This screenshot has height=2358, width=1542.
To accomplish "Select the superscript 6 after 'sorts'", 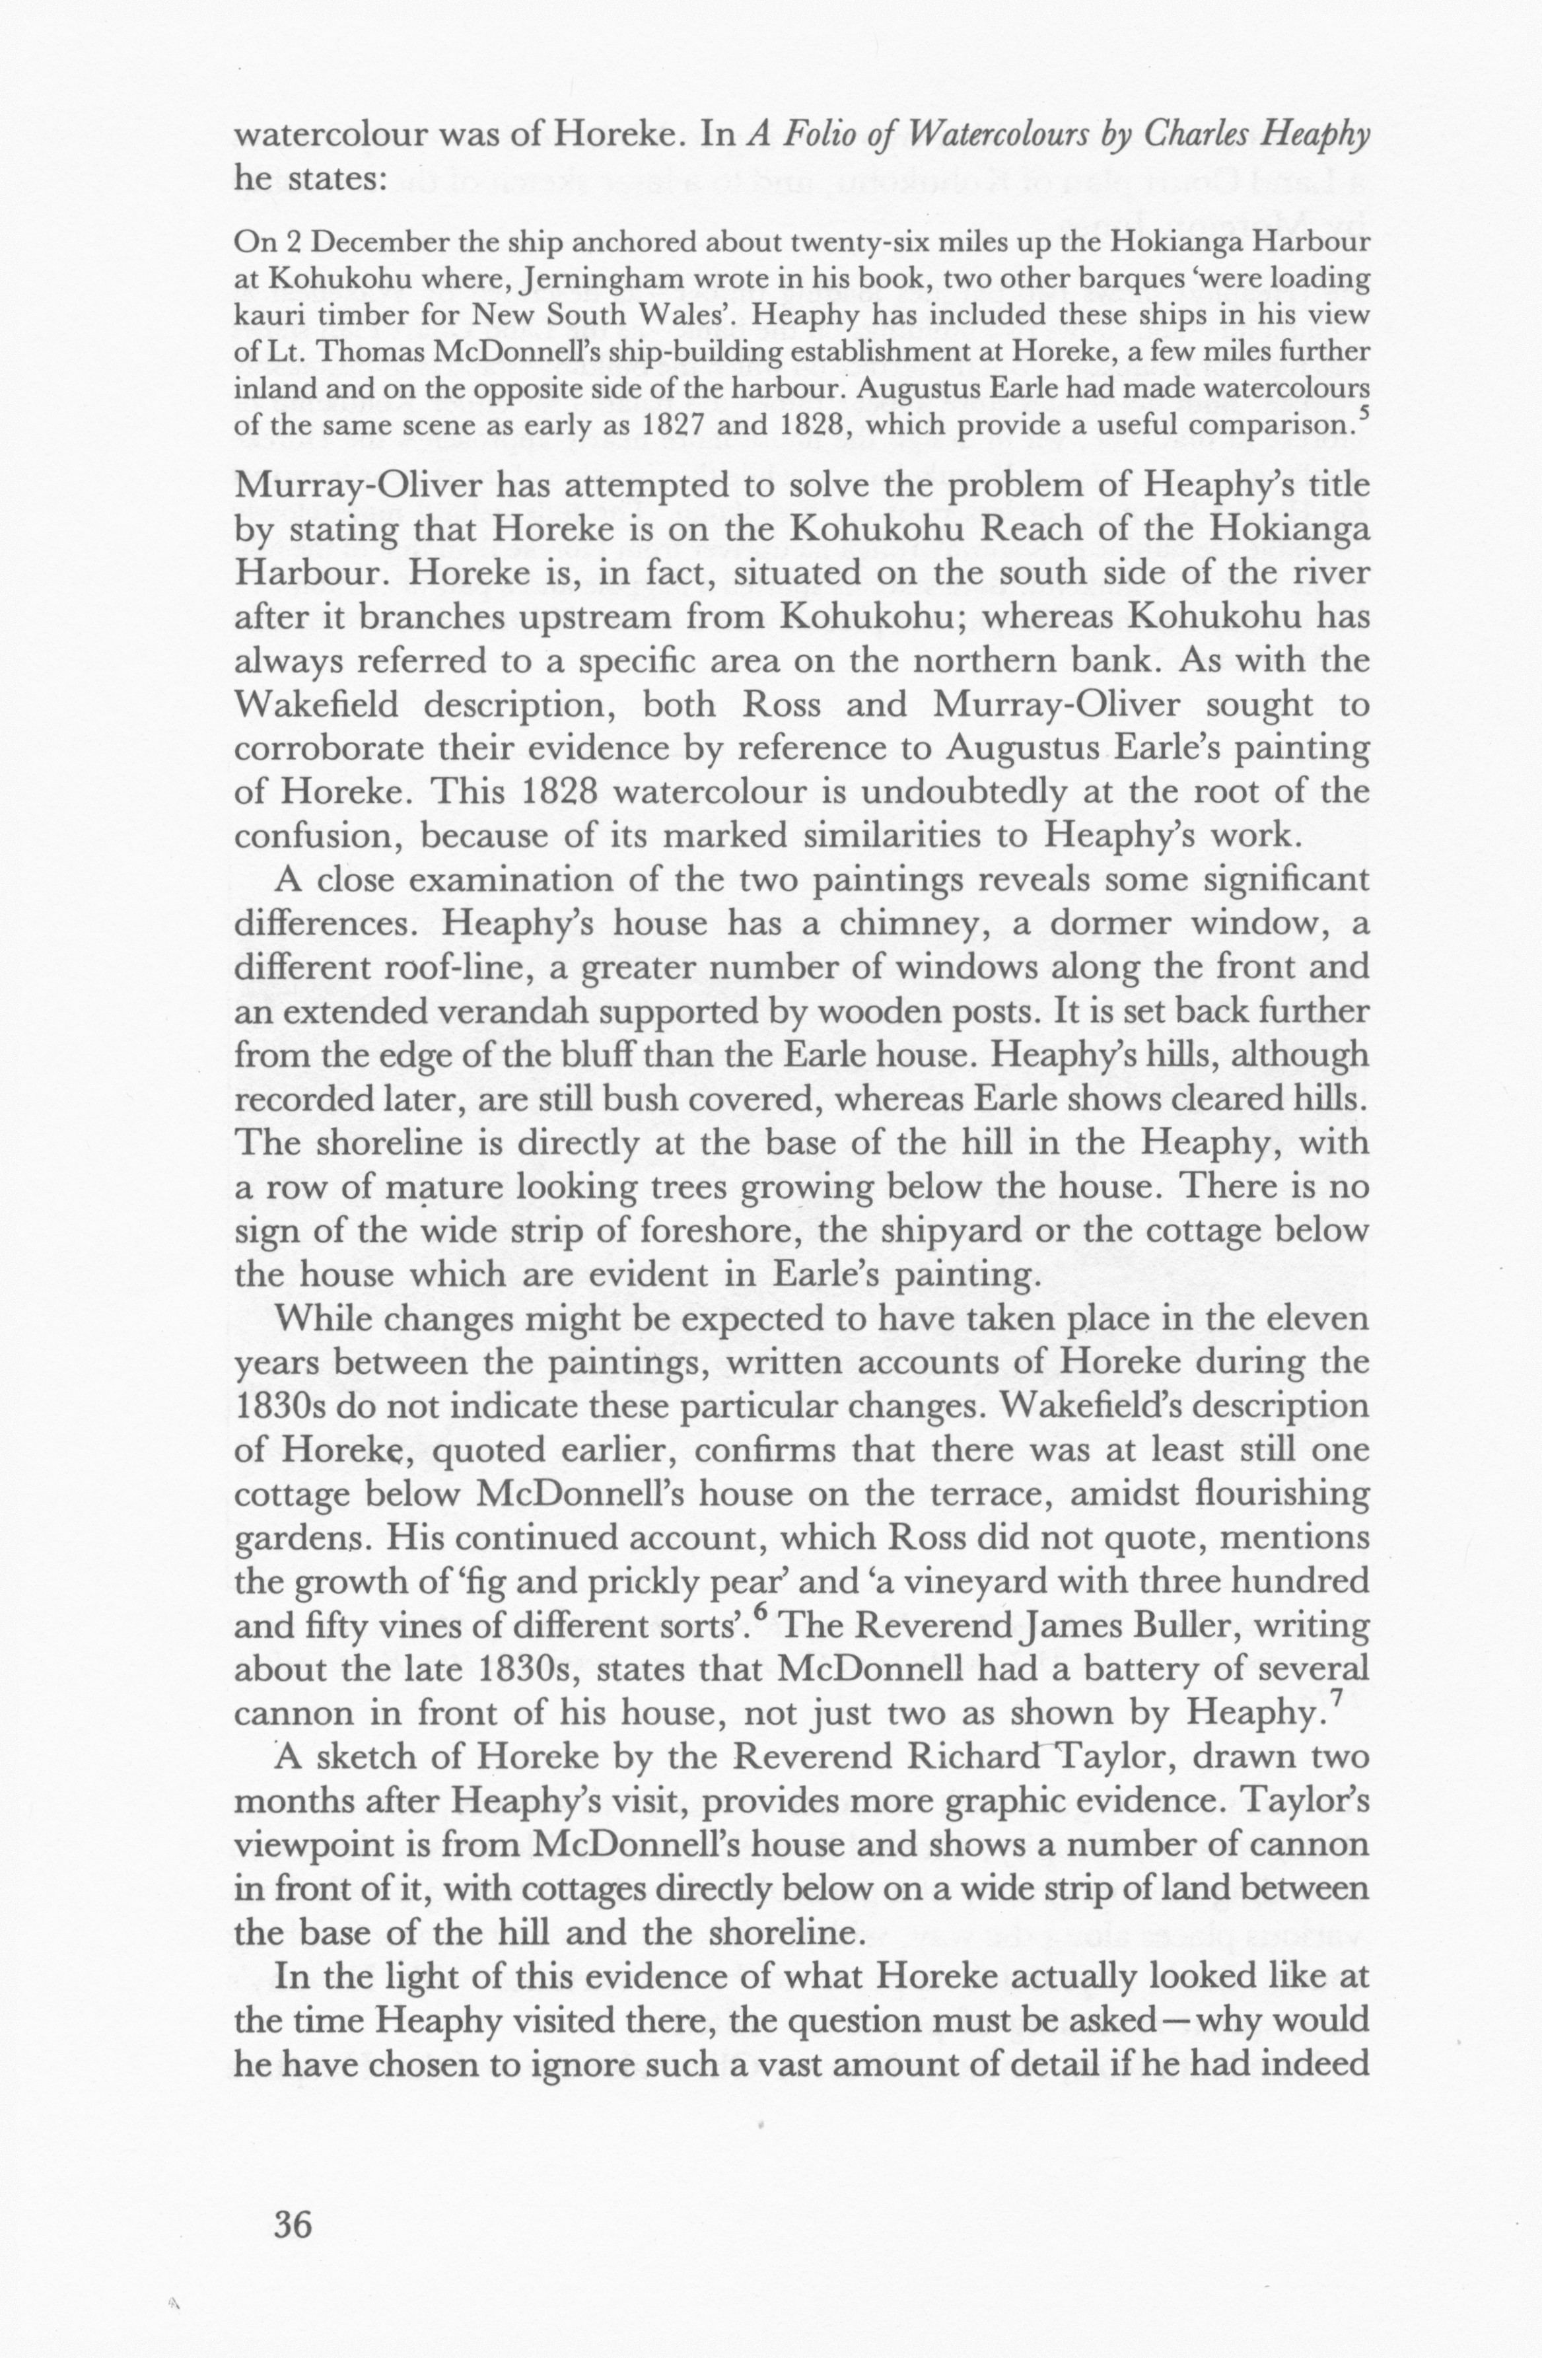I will coord(759,1612).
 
